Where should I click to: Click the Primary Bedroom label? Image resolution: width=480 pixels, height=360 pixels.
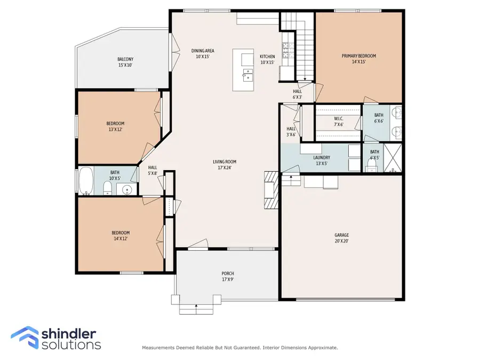[x=358, y=59]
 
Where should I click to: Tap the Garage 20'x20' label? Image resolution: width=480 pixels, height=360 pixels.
[x=341, y=238]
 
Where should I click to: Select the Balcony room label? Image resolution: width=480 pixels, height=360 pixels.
[x=125, y=62]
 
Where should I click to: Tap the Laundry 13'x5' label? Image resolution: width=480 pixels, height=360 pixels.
[x=322, y=161]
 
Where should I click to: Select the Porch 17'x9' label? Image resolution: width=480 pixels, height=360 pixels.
[x=228, y=276]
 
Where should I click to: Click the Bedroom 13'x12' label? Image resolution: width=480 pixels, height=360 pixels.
[x=115, y=126]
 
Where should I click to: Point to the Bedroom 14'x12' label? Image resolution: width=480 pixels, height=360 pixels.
[x=121, y=236]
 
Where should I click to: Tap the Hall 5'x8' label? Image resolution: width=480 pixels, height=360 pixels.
[x=153, y=170]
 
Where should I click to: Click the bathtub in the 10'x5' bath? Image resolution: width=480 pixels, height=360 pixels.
[x=86, y=181]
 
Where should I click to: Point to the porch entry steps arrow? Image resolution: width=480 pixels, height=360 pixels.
[x=197, y=307]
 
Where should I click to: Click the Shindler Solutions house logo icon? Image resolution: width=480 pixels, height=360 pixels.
[x=25, y=338]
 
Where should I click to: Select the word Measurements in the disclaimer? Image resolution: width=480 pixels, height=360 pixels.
[x=157, y=348]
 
